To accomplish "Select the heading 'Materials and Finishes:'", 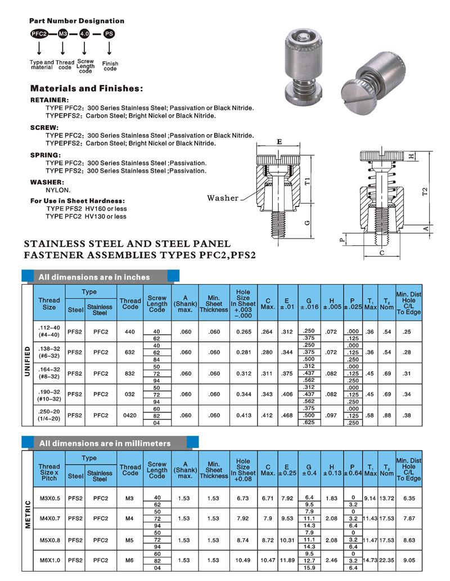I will click(x=86, y=88).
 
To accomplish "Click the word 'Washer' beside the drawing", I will click(x=223, y=198).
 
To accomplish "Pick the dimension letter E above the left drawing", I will click(x=280, y=143).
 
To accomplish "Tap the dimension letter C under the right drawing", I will click(x=382, y=254).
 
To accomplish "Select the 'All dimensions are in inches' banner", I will click(x=94, y=277).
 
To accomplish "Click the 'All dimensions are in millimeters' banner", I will click(x=104, y=443).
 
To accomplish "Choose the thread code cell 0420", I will click(x=130, y=415).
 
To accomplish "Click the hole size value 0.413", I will click(x=243, y=415).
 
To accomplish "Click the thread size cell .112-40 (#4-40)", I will click(x=49, y=332).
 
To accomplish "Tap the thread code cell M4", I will click(x=130, y=517).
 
